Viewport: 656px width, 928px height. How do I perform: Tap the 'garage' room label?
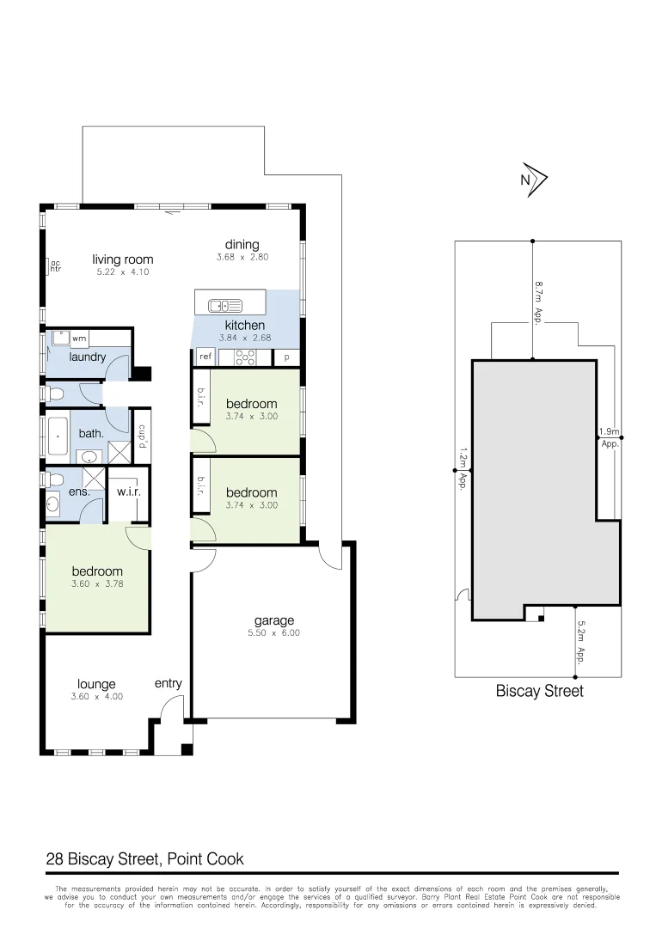273,620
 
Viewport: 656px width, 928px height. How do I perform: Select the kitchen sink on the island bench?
224,304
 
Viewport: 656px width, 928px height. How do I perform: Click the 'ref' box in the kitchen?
205,357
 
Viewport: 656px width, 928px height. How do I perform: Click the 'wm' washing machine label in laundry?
79,339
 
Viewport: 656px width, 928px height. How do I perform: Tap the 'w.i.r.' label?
128,492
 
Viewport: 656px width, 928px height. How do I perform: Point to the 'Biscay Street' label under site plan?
539,691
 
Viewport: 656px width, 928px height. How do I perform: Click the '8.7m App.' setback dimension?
538,301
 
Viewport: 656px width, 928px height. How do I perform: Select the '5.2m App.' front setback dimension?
581,644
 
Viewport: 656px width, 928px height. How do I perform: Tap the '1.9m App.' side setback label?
609,438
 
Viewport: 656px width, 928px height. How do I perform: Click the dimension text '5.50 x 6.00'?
274,633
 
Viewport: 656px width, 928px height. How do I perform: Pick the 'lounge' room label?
96,684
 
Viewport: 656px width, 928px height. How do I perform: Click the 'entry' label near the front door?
169,683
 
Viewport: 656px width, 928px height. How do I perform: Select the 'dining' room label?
242,245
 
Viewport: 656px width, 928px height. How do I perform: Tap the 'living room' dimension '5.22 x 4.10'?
123,272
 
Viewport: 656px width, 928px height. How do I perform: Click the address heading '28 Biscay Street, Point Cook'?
144,858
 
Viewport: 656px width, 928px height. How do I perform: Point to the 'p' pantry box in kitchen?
286,357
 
